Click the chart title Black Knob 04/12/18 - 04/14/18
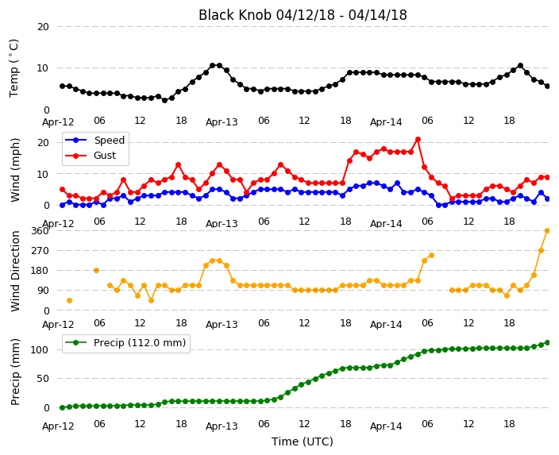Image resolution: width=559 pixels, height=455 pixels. [x=303, y=15]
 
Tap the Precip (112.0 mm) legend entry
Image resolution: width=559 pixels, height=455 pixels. [x=125, y=343]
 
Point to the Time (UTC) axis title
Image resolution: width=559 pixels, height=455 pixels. [x=303, y=442]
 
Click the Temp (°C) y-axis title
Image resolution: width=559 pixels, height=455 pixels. [x=13, y=68]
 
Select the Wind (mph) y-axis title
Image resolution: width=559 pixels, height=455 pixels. [x=15, y=170]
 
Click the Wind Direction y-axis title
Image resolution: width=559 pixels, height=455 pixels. [x=15, y=271]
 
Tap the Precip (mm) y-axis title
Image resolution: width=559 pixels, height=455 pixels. [x=15, y=372]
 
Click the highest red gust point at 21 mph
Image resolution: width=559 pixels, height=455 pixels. [x=418, y=140]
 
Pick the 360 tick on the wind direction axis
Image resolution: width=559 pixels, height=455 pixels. [x=40, y=231]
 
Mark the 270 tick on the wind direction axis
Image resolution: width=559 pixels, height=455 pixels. [x=40, y=251]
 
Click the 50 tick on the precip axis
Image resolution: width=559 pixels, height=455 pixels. [x=43, y=378]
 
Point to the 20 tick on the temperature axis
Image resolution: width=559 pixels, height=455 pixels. [x=43, y=27]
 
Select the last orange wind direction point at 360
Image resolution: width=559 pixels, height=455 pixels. [x=548, y=231]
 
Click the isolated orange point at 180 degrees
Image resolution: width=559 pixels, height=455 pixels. [x=96, y=270]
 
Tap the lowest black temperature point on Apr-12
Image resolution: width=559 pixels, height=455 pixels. [x=164, y=100]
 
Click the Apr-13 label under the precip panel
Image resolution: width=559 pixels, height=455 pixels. [x=222, y=426]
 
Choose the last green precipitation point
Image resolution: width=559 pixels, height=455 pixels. [x=548, y=343]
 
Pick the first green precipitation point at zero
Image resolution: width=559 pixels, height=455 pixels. [x=63, y=407]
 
